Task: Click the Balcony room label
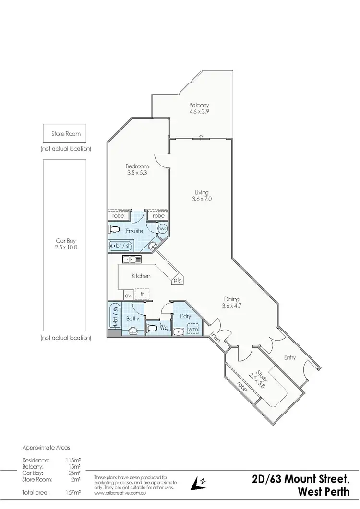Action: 199,105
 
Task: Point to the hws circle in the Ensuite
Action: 162,229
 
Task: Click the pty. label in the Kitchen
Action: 178,280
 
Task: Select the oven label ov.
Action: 128,296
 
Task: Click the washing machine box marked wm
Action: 193,330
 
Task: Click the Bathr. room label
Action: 132,318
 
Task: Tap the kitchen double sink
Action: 131,260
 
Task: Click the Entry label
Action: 289,357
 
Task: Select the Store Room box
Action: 66,134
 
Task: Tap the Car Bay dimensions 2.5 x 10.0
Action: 66,248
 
